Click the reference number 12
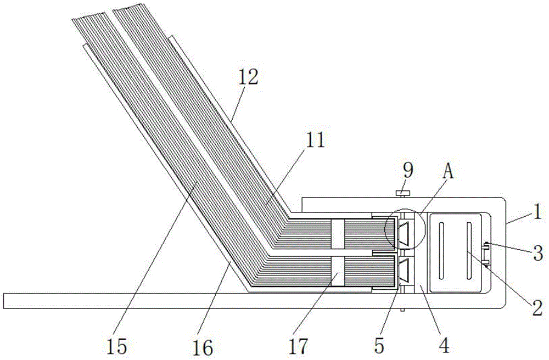tap(248, 77)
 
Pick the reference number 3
tap(538, 252)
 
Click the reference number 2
tap(537, 309)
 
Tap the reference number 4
tap(444, 346)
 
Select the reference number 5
tap(379, 346)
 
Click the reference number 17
tap(298, 346)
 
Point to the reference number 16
tap(203, 347)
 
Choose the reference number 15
tap(116, 347)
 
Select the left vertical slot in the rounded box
tap(441, 250)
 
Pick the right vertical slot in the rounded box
tap(469, 250)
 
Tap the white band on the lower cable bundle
tap(338, 272)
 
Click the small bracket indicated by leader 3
tap(486, 254)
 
